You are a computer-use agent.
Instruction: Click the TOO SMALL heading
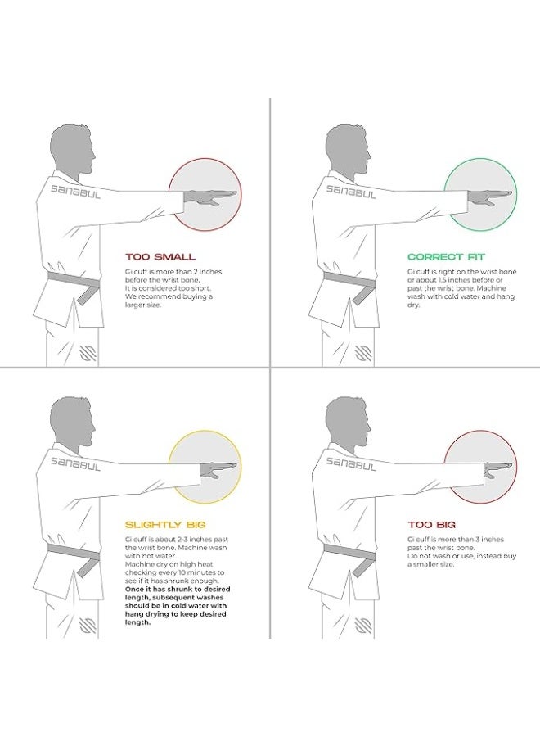[160, 256]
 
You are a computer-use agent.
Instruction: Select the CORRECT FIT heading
[446, 256]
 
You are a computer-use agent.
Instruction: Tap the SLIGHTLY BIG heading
[165, 525]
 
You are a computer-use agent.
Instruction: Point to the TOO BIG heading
[431, 525]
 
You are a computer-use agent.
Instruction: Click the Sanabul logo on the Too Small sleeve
[75, 192]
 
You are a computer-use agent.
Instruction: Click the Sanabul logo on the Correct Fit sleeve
[351, 192]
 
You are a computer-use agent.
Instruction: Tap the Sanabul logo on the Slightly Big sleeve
[75, 464]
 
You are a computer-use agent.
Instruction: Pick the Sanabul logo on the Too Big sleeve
[351, 464]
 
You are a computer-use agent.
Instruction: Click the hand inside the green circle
[488, 197]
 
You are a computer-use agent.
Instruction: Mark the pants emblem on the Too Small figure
[88, 354]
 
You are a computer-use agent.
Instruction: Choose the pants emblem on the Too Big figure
[363, 626]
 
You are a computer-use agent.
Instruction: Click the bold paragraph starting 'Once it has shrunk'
[177, 605]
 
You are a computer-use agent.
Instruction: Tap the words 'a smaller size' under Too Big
[430, 564]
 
